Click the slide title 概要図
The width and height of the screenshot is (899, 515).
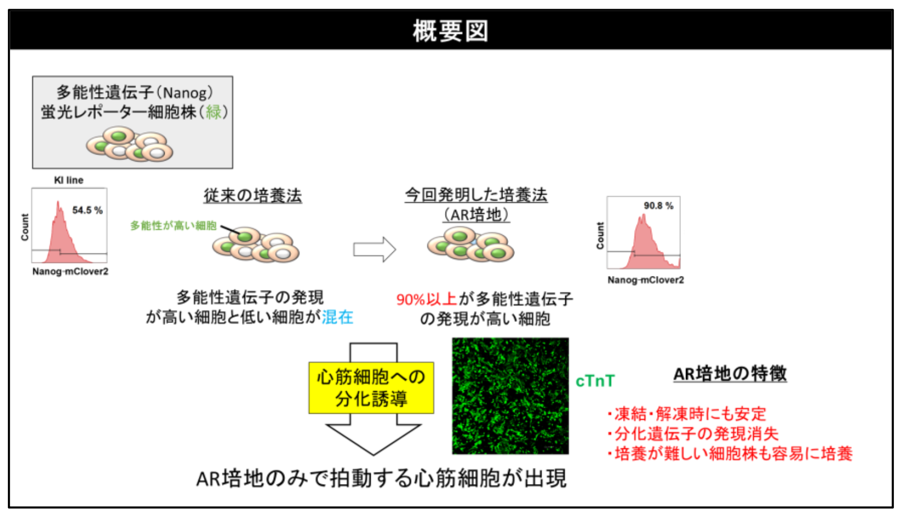point(450,31)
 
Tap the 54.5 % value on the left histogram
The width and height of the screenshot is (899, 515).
point(87,210)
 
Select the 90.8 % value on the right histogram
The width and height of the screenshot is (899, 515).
point(658,205)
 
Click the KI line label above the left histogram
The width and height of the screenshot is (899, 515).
point(69,180)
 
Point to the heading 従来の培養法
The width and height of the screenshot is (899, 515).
point(253,195)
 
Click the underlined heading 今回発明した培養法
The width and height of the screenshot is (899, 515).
point(476,195)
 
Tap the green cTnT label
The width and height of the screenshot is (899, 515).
point(595,381)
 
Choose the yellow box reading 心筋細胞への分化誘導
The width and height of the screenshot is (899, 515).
point(371,387)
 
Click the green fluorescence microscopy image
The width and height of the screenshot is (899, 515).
point(510,396)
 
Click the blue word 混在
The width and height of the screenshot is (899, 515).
point(337,317)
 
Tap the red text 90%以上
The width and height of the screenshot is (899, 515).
point(426,299)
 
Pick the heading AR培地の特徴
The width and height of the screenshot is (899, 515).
point(730,374)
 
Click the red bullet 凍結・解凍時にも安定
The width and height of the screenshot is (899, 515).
point(687,414)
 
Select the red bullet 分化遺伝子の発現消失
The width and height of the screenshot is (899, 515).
point(693,433)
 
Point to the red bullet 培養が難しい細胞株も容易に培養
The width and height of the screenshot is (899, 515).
point(730,454)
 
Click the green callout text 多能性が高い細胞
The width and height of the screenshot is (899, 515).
point(173,225)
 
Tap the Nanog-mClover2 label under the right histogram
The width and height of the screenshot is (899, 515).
point(645,280)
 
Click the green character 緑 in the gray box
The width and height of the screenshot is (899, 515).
point(213,112)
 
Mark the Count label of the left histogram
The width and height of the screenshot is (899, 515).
point(25,227)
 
